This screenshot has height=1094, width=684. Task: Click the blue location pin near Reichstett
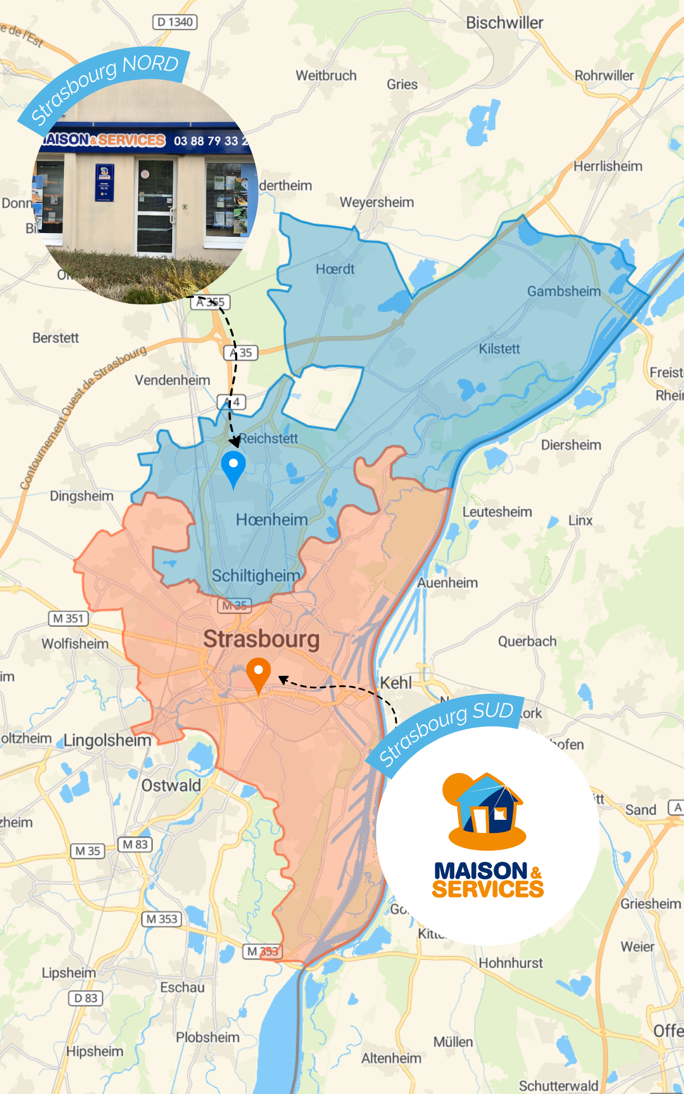coord(233,467)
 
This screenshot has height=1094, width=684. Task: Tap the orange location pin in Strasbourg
coord(258,673)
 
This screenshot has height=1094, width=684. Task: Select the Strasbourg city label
coord(261,639)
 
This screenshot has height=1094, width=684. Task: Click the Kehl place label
coord(396,683)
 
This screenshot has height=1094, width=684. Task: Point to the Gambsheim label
coord(564,292)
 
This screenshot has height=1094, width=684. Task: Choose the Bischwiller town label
coord(504,23)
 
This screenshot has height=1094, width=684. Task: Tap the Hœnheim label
coord(271,520)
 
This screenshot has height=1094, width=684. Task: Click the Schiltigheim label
coord(256,575)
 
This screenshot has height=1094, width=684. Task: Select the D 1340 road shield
coord(175,22)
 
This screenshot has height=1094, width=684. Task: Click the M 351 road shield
coord(68,618)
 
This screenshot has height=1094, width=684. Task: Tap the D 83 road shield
coord(86,998)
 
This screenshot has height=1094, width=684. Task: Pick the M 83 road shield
coord(135,844)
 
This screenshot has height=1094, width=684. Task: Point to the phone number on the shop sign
coord(210,141)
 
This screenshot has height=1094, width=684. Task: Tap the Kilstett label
coord(499,349)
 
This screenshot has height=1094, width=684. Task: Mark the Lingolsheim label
coord(107,740)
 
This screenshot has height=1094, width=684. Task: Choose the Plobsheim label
coord(207,1037)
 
